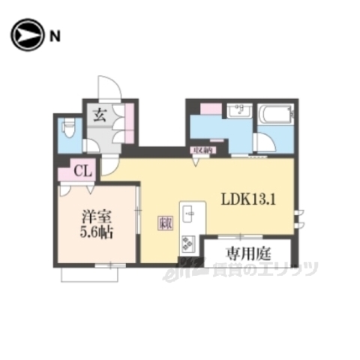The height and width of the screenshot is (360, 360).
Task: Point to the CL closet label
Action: (82, 172)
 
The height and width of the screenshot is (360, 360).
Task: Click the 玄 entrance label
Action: (100, 115)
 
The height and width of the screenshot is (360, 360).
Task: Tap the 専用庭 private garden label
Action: (247, 252)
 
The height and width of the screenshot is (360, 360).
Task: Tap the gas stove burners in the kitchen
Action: (187, 244)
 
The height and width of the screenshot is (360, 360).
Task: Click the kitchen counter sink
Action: (190, 214)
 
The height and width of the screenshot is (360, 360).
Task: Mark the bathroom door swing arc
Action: (264, 142)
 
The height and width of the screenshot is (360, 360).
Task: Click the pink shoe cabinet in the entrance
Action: (129, 116)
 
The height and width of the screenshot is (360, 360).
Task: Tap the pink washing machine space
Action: (211, 109)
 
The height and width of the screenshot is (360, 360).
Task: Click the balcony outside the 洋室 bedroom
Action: (90, 275)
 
